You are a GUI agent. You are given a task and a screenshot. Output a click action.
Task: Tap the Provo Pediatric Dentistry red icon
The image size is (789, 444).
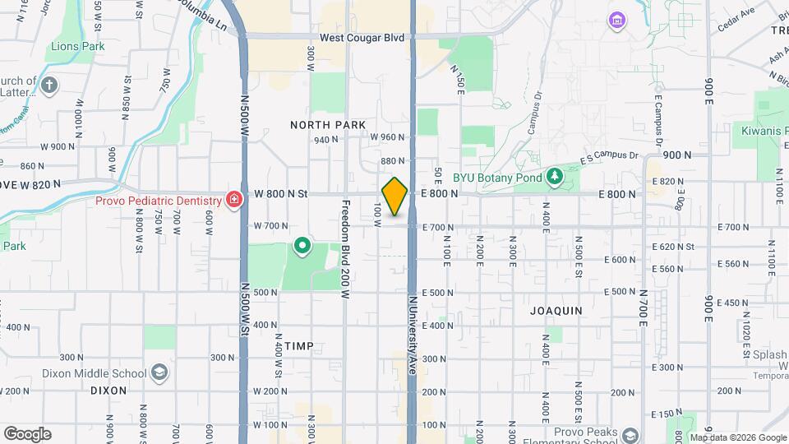(x=234, y=200)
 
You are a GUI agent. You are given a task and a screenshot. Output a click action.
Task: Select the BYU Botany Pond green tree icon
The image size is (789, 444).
(x=555, y=175)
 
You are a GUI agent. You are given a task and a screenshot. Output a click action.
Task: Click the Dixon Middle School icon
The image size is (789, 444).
(x=159, y=372)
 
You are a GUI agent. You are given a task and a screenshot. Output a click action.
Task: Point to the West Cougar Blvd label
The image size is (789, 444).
(x=362, y=37)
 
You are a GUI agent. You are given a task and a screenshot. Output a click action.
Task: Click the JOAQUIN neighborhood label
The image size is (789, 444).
(x=556, y=311)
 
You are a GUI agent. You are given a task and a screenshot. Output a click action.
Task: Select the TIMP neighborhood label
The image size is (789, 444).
(x=300, y=346)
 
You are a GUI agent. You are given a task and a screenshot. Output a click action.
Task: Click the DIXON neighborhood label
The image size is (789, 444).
(x=108, y=391)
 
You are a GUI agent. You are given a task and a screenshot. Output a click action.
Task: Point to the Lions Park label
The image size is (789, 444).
(x=77, y=47)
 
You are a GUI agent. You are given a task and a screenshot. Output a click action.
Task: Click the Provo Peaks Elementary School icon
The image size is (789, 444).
(x=630, y=435)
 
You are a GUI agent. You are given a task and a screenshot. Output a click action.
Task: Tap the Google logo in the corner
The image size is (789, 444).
(x=27, y=434)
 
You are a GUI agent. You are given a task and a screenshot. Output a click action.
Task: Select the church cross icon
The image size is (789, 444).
(x=49, y=84)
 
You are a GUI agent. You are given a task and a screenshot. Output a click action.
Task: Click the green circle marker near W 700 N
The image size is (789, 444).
(x=302, y=245)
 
